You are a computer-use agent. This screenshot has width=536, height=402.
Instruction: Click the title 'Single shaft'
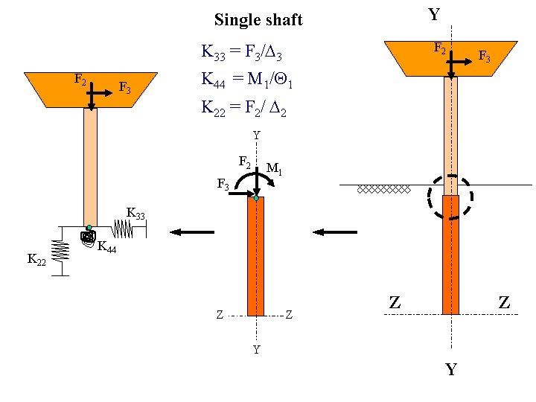pyautogui.click(x=258, y=20)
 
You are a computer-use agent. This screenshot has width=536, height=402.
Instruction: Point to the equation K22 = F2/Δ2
pyautogui.click(x=244, y=107)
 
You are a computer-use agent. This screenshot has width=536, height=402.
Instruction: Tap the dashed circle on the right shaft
pyautogui.click(x=450, y=197)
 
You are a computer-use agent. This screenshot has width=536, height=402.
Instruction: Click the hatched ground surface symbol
pyautogui.click(x=383, y=189)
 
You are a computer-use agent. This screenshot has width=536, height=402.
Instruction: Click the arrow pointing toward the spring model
pyautogui.click(x=194, y=232)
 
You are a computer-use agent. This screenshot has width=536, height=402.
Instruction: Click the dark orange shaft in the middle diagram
pyautogui.click(x=255, y=257)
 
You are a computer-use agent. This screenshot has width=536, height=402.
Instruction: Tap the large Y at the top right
pyautogui.click(x=433, y=14)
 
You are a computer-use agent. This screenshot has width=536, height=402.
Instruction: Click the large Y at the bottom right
pyautogui.click(x=450, y=369)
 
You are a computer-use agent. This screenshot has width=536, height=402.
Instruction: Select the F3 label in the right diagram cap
pyautogui.click(x=484, y=57)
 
